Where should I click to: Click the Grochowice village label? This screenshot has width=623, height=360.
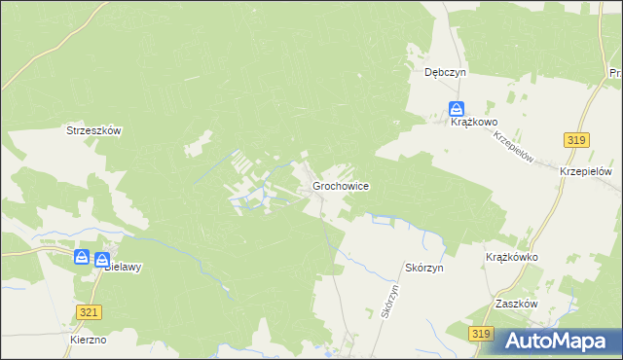[x=340, y=185]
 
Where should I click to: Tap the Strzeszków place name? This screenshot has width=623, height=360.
[x=92, y=130]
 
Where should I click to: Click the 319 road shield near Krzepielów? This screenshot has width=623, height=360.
[x=576, y=141]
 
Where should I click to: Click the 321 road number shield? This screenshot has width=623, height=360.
[x=89, y=311]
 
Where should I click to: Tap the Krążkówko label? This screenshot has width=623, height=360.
[x=512, y=257]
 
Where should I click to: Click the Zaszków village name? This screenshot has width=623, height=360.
[x=516, y=304]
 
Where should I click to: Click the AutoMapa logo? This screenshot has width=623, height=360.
[x=558, y=340]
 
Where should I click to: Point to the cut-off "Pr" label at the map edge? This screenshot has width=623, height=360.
[x=615, y=73]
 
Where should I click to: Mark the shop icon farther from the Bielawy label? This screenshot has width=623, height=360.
[x=82, y=258]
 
